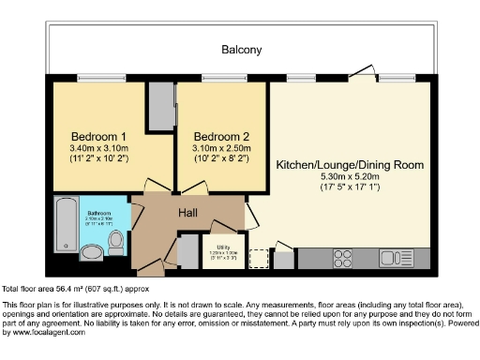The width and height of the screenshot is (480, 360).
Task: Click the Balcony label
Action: tap(241, 50)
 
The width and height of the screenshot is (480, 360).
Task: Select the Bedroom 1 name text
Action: tap(97, 134)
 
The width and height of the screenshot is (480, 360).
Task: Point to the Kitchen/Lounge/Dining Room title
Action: tap(350, 165)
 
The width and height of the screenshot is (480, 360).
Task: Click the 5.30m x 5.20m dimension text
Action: tap(350, 178)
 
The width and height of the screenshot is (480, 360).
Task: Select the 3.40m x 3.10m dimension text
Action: tap(97, 147)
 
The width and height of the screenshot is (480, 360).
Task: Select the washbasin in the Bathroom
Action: tap(91, 252)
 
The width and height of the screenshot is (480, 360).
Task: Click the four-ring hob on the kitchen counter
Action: tap(342, 256)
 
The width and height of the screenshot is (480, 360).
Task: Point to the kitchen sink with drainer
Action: tap(398, 256)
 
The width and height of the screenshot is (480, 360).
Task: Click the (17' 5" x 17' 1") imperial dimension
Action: tap(350, 190)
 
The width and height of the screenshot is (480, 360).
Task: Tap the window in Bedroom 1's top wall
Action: tap(89, 79)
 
